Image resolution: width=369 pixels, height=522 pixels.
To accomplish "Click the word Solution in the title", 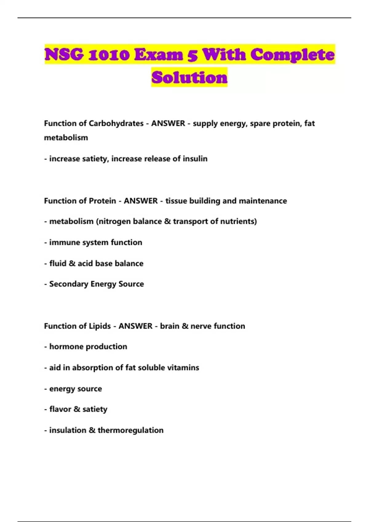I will point(189,77).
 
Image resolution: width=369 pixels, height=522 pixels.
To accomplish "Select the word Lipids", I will point(100,326).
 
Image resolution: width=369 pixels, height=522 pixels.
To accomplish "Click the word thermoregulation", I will point(130,430).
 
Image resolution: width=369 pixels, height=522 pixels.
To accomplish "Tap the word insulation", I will point(68,430).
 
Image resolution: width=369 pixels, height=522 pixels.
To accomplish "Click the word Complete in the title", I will point(292,55).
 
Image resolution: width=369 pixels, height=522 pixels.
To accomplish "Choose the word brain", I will point(169,326).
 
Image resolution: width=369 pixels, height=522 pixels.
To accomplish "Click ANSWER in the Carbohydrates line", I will point(168,123).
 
